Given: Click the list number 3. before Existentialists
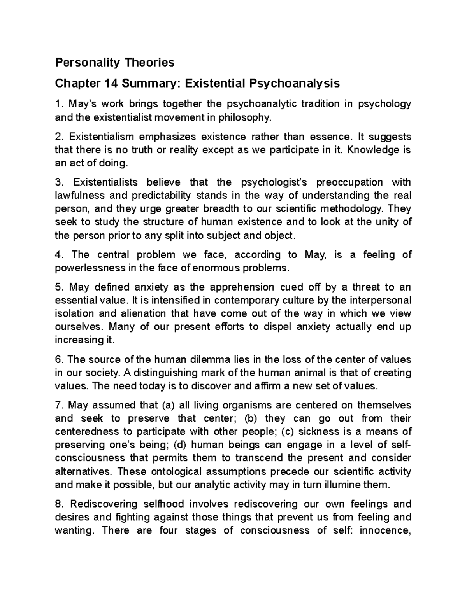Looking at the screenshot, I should point(59,182).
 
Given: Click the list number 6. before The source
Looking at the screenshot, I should point(59,360).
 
